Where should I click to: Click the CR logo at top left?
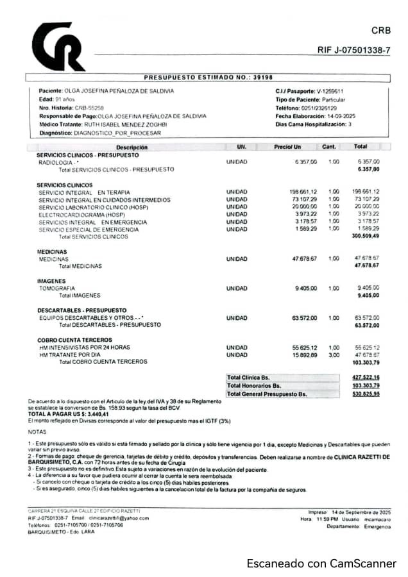58,47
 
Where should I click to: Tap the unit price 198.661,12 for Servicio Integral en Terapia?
303,192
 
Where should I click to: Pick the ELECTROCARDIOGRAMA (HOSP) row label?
81,214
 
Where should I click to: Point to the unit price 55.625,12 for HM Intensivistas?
304,347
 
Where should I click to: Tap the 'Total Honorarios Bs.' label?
254,385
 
